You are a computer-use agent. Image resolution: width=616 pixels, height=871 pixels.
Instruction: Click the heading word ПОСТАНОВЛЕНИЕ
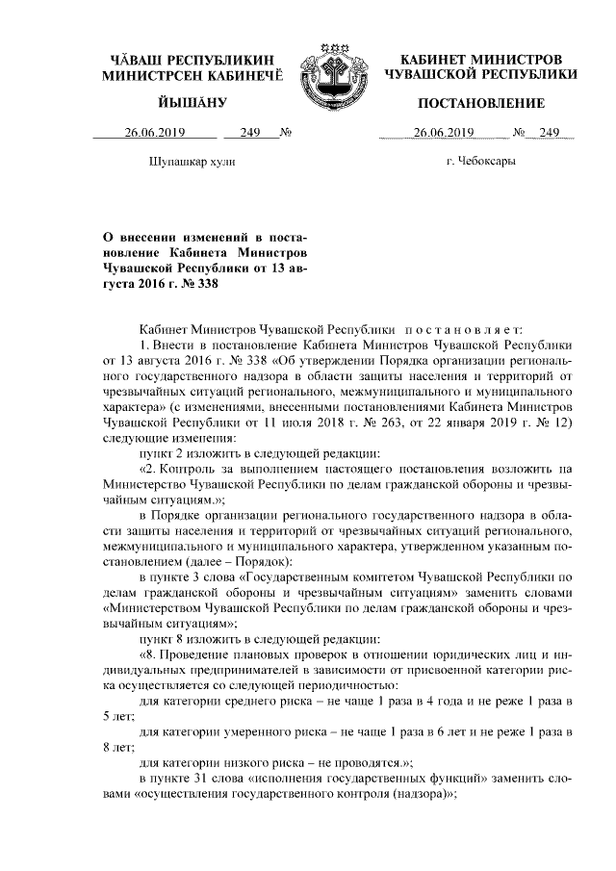481,103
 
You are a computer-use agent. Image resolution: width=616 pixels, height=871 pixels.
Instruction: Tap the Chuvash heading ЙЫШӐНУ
192,103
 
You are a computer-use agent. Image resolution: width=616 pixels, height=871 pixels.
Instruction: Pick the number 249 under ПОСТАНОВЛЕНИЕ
550,133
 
